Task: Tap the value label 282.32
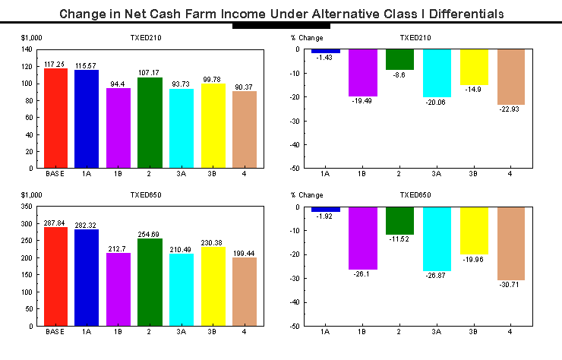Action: click(x=87, y=225)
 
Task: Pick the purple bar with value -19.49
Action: click(x=363, y=72)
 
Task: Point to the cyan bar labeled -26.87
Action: click(x=437, y=238)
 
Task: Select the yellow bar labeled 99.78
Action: click(x=213, y=125)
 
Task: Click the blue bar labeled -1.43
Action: click(x=326, y=51)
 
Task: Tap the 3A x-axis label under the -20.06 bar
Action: click(x=437, y=174)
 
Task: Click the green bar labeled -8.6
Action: click(x=400, y=59)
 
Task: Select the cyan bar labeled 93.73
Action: click(x=181, y=128)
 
